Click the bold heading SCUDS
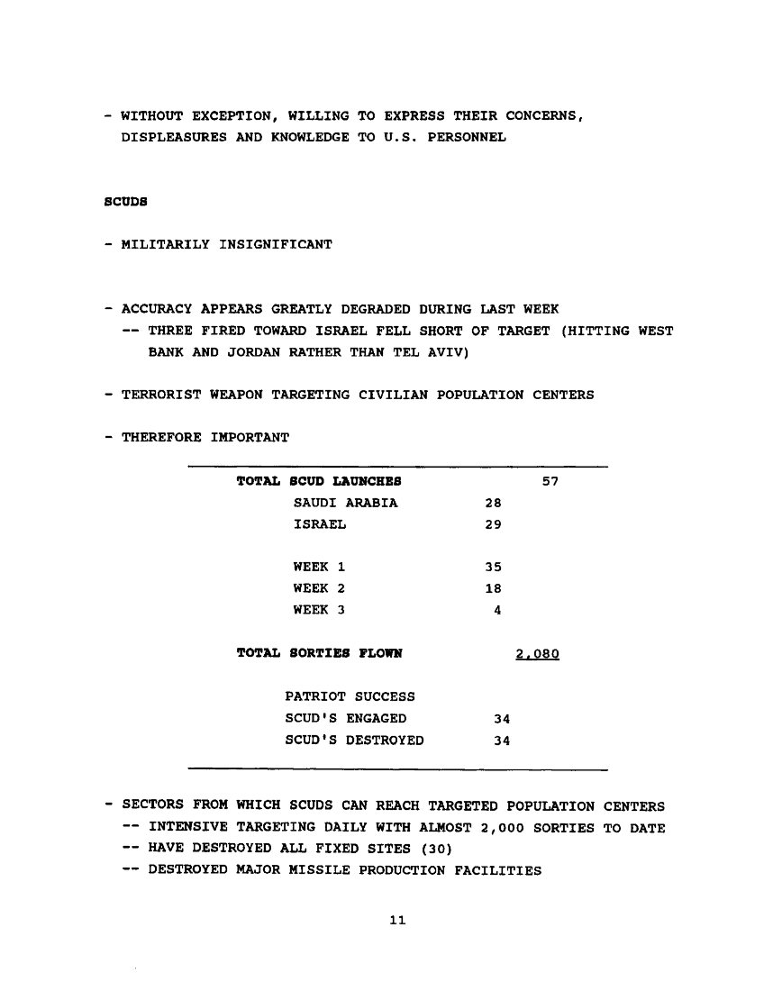[x=124, y=203]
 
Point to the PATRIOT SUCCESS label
[x=350, y=697]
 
